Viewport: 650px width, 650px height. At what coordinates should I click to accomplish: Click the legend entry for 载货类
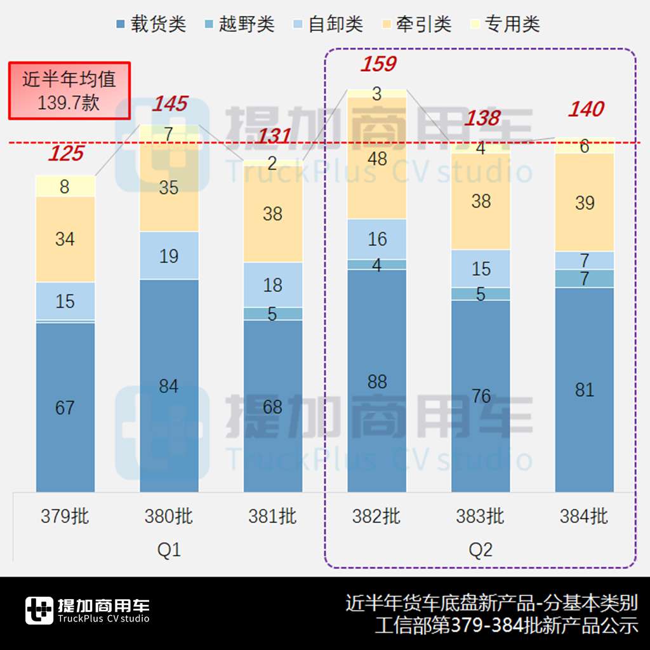tap(151, 25)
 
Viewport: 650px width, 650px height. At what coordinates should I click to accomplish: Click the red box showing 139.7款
tap(69, 91)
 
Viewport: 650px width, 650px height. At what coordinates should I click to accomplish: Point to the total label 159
tap(378, 64)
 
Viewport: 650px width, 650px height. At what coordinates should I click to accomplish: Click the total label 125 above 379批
tap(66, 154)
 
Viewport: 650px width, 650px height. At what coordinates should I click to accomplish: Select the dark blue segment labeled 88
tap(377, 381)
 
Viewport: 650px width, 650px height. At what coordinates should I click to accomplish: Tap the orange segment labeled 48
tap(377, 159)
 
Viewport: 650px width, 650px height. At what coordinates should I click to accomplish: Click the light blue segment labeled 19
tap(169, 256)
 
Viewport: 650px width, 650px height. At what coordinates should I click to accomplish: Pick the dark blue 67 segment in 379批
tap(65, 407)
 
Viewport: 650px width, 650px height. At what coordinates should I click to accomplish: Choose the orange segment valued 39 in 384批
tap(585, 202)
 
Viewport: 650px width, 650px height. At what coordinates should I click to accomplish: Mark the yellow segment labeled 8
tap(65, 186)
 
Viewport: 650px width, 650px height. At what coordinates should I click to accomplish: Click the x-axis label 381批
tap(272, 517)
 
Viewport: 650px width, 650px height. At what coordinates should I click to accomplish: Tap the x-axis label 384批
tap(584, 517)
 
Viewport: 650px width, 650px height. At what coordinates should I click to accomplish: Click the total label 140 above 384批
tap(585, 109)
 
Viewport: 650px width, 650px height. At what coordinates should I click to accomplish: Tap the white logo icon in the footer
tap(39, 611)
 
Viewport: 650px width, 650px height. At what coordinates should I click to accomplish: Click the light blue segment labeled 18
tap(273, 285)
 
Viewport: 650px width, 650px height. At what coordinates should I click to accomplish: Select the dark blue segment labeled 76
tap(481, 396)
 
